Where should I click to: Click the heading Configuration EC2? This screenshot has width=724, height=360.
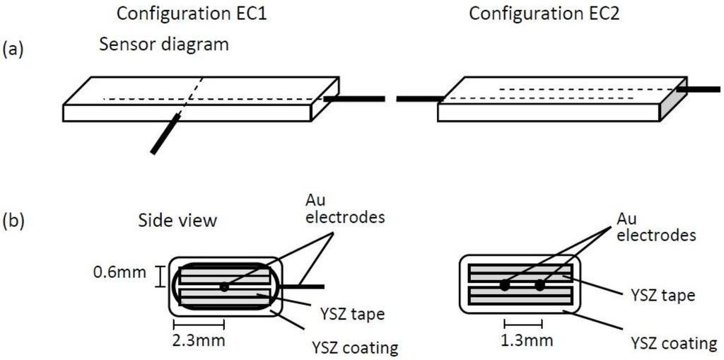coord(544,13)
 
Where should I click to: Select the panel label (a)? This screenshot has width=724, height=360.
coord(16,50)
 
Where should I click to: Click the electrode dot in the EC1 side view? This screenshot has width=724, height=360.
coord(224,286)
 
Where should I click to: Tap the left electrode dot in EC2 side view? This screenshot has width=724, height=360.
coord(504,286)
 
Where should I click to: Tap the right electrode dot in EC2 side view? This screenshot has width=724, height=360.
coord(540,286)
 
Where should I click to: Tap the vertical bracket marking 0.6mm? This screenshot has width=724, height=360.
coord(160,276)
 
